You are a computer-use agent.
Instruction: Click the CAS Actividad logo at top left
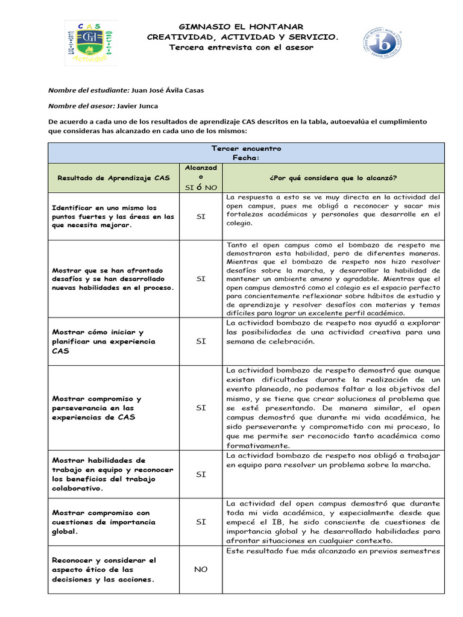(x=90, y=43)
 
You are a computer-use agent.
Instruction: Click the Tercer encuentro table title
(x=245, y=148)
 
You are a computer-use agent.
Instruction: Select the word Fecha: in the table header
(x=245, y=158)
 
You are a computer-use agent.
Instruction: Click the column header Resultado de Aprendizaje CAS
(x=113, y=178)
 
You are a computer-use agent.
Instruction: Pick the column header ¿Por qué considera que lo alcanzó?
(x=333, y=178)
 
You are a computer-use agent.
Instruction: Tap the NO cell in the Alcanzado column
(x=201, y=569)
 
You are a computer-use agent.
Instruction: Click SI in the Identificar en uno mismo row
(x=201, y=216)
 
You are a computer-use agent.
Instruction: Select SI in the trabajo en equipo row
(x=201, y=474)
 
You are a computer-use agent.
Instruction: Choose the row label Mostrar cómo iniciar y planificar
(x=98, y=341)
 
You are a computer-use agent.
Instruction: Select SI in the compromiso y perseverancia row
(x=201, y=408)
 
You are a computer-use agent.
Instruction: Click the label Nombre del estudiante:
(x=89, y=90)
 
